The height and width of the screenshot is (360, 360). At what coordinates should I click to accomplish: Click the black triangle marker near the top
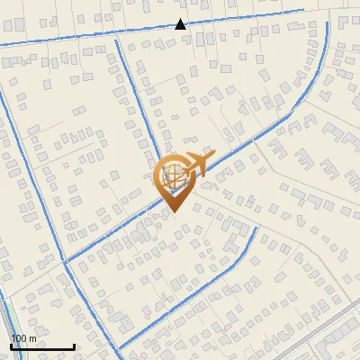click(180, 24)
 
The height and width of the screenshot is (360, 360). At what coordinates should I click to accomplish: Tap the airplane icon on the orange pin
click(197, 165)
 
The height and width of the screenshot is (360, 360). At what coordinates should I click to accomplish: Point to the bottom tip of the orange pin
click(173, 211)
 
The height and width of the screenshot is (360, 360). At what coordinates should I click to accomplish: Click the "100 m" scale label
click(24, 338)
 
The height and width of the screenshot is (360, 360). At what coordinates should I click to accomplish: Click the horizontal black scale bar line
click(42, 346)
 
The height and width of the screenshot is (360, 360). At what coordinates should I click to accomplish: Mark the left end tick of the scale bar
click(11, 345)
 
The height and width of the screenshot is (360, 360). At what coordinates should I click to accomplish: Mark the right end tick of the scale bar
click(74, 345)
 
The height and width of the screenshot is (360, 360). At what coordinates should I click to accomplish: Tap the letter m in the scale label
click(32, 338)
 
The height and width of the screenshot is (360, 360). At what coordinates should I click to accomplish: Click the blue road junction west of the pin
click(65, 262)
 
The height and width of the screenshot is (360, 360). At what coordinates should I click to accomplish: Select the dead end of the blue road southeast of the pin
click(256, 229)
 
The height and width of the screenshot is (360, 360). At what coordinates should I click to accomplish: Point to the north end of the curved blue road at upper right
click(327, 23)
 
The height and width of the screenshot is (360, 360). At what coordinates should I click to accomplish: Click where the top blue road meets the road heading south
click(114, 38)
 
